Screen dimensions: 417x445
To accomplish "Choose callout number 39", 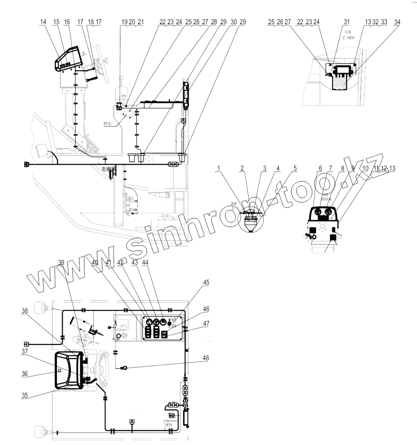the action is [x=61, y=262].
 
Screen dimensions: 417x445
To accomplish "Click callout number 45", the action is [x=206, y=283].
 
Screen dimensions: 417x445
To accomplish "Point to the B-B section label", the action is [x=234, y=204].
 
